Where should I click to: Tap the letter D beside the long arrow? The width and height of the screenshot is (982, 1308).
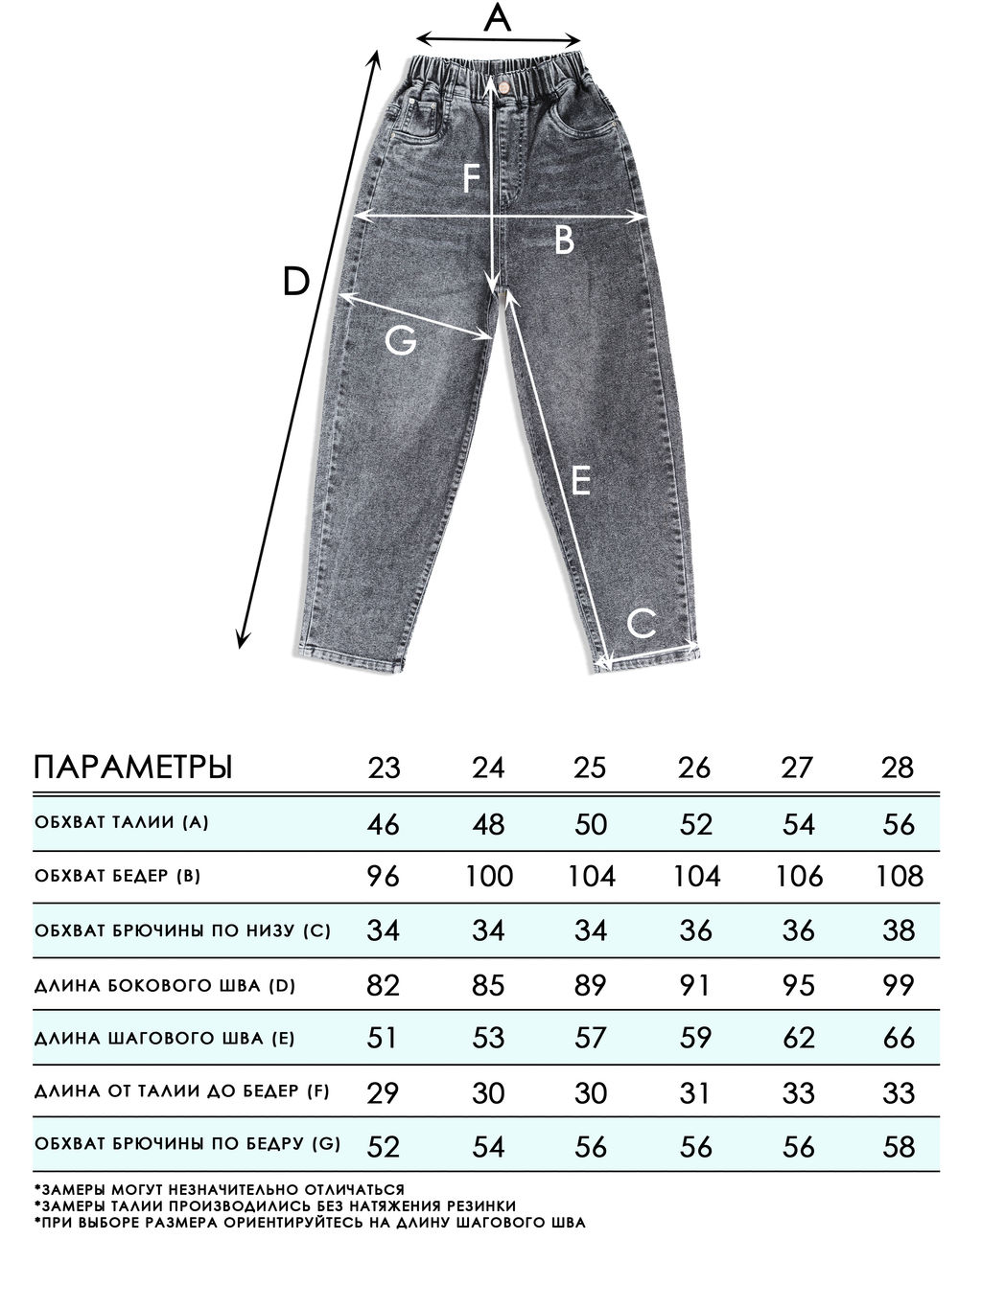click(296, 281)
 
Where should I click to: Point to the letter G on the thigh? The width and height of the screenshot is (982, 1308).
click(400, 339)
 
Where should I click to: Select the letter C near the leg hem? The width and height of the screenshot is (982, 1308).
click(642, 624)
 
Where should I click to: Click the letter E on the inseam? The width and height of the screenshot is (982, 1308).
click(579, 480)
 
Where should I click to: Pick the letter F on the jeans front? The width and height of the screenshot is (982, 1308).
click(470, 179)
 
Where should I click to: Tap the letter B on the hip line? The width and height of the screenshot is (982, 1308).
click(564, 240)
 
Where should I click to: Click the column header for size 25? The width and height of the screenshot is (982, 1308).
click(590, 768)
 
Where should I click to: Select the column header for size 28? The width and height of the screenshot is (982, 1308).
click(898, 768)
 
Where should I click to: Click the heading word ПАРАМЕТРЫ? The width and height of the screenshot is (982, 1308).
click(133, 768)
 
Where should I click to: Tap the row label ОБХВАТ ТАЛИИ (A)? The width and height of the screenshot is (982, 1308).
click(121, 822)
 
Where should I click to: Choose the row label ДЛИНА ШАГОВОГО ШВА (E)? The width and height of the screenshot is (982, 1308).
click(164, 1038)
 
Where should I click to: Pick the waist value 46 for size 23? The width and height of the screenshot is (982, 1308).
click(384, 823)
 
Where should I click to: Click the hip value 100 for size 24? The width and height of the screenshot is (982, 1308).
click(489, 876)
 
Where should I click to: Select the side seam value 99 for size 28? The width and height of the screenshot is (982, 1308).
click(898, 984)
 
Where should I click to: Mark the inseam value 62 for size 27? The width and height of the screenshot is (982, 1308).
click(798, 1038)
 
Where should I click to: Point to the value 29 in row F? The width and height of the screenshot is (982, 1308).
click(384, 1092)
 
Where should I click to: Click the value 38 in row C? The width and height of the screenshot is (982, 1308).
click(898, 929)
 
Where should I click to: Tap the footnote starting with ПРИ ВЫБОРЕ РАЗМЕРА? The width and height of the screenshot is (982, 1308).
click(310, 1223)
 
